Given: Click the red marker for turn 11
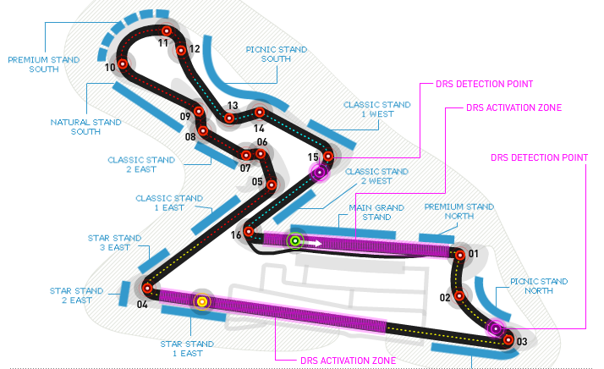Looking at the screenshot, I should click(167, 30).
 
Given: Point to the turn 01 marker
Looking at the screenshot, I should click(460, 254).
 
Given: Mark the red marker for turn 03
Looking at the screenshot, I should click(508, 340).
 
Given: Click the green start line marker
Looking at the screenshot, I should click(295, 242).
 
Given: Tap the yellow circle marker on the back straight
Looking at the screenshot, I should click(202, 301).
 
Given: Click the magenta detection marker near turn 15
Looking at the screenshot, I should click(320, 173).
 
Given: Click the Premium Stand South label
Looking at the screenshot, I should click(43, 64).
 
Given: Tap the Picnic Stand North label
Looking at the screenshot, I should click(539, 286).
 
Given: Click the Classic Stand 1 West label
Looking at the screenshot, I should click(376, 109).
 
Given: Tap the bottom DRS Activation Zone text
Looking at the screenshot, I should click(348, 360).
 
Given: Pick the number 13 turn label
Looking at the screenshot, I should click(231, 106).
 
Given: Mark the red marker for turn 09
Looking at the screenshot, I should click(200, 111).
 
